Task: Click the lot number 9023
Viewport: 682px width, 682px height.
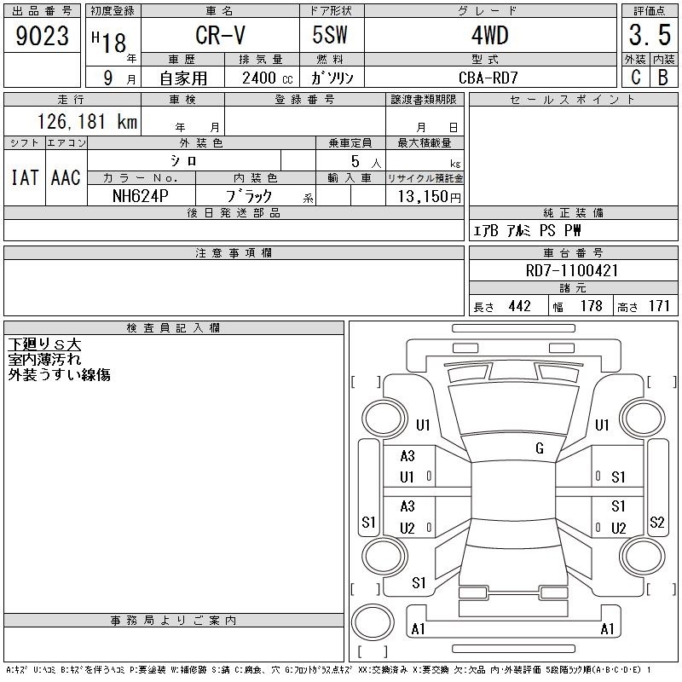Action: coord(42,36)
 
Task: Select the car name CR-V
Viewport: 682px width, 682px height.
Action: coord(220,35)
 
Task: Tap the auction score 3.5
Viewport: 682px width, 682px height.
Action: coord(650,35)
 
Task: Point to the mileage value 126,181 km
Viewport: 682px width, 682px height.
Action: coord(87,121)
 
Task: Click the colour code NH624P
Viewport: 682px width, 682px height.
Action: coord(141,196)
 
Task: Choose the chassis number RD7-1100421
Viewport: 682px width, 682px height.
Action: coord(571,270)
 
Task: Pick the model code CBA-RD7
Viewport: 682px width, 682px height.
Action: coord(488,78)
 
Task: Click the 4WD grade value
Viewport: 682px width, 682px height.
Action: coord(489,35)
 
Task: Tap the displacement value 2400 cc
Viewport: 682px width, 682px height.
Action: coord(267,78)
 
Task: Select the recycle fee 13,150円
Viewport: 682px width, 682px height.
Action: coord(430,197)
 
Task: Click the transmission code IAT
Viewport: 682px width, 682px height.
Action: coord(25,177)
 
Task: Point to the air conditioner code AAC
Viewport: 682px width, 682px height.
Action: coord(66,177)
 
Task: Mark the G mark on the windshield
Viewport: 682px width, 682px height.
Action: coord(540,448)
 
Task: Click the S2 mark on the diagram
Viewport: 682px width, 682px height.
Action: coord(656,522)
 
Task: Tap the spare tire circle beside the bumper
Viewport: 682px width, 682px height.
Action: coord(373,622)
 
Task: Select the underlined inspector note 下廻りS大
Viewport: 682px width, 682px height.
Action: coord(44,344)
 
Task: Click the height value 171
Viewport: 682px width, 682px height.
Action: coord(659,306)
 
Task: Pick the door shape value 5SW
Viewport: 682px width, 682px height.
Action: coord(330,35)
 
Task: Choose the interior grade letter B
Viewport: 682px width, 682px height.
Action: coord(663,78)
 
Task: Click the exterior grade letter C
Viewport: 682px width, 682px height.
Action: coord(635,78)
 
